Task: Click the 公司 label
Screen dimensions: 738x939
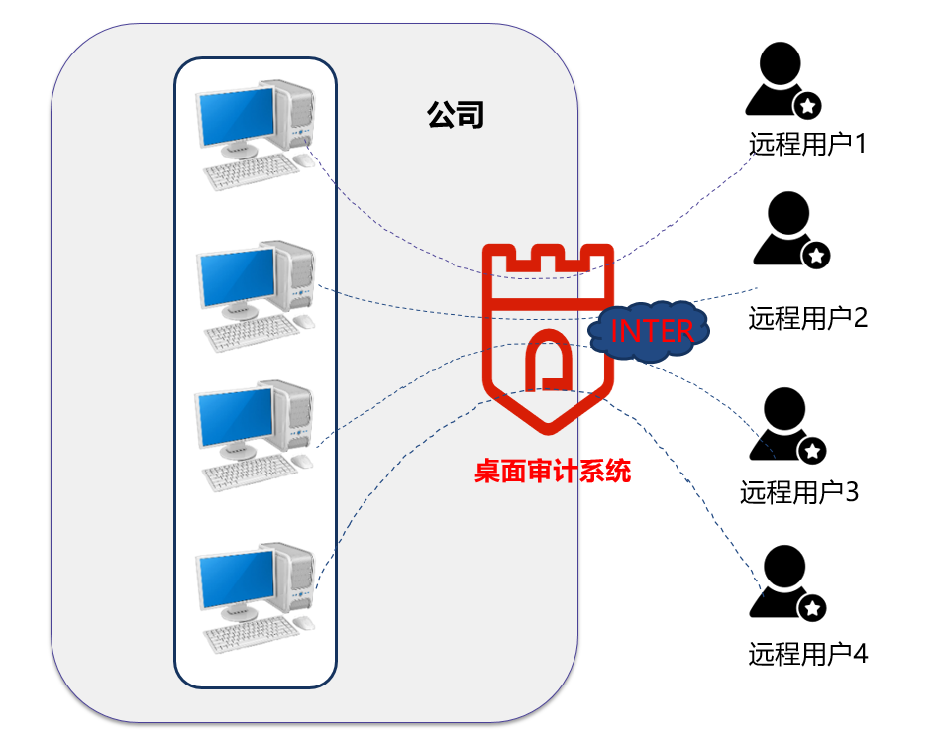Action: point(456,115)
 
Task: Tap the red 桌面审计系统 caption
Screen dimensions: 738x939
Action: point(552,472)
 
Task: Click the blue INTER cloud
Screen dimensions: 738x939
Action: point(650,331)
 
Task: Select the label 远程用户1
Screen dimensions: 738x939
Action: point(807,144)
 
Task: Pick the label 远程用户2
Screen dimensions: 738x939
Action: point(808,318)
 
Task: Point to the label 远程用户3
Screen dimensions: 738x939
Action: point(799,491)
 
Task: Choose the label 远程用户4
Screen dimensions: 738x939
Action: point(808,654)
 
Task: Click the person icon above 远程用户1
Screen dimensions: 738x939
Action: point(779,82)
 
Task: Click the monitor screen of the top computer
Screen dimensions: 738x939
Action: point(236,115)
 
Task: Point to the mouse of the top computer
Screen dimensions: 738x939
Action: point(302,160)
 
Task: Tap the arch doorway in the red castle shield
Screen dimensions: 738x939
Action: point(547,363)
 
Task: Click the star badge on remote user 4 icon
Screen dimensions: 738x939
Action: point(812,607)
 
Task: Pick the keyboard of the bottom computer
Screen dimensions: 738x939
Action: point(250,631)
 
